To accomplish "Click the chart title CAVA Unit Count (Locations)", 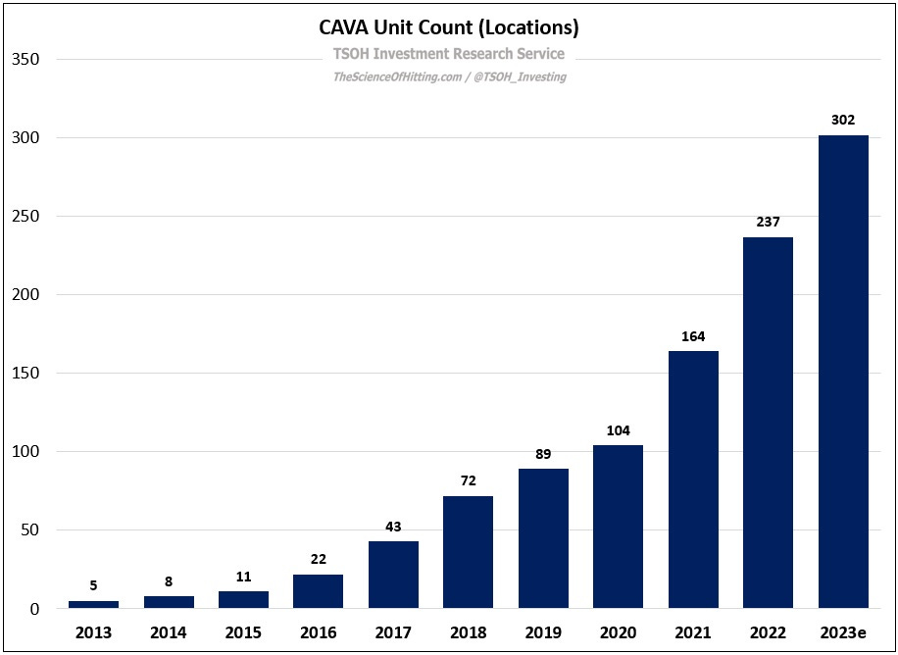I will (x=448, y=26).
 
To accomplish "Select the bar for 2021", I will (x=693, y=479).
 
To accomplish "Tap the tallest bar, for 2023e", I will (x=843, y=372).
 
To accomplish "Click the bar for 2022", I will (x=768, y=423).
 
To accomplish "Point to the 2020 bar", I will (x=618, y=527).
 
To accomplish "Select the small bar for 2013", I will (x=93, y=604).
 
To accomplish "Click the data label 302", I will (x=843, y=121).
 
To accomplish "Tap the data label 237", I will (x=768, y=223).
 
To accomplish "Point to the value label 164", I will (x=693, y=337).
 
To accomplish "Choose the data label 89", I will (x=543, y=455).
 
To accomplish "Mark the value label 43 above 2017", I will (x=393, y=528).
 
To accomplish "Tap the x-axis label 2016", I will (x=318, y=632).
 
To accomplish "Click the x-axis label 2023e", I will (x=843, y=632).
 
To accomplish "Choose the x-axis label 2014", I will (x=168, y=632).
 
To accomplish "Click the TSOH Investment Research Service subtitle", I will (x=448, y=54).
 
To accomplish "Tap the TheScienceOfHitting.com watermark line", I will (x=448, y=76).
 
